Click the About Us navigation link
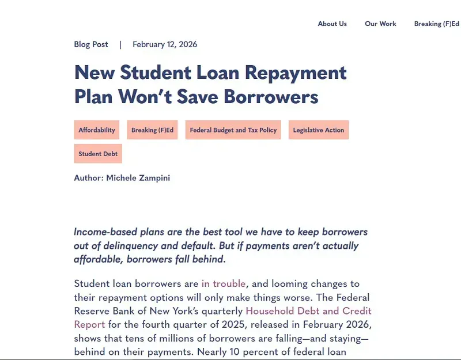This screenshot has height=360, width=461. pyautogui.click(x=332, y=24)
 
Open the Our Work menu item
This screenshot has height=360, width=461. pyautogui.click(x=380, y=24)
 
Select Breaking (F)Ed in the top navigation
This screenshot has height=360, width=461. pyautogui.click(x=436, y=24)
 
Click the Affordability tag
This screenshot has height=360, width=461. pyautogui.click(x=97, y=130)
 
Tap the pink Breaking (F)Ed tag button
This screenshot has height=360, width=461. pyautogui.click(x=152, y=130)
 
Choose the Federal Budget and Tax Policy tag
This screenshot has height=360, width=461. pyautogui.click(x=233, y=130)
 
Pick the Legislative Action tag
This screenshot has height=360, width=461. pyautogui.click(x=318, y=130)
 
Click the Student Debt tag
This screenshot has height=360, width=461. pyautogui.click(x=98, y=154)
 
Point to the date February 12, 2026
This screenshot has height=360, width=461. pyautogui.click(x=165, y=44)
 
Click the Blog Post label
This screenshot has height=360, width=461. pyautogui.click(x=91, y=44)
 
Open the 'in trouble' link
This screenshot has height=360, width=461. pyautogui.click(x=224, y=283)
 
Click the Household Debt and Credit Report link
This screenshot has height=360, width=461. pyautogui.click(x=309, y=311)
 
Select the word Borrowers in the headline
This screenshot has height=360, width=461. pyautogui.click(x=271, y=96)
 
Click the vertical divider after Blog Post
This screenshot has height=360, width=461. pyautogui.click(x=120, y=44)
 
